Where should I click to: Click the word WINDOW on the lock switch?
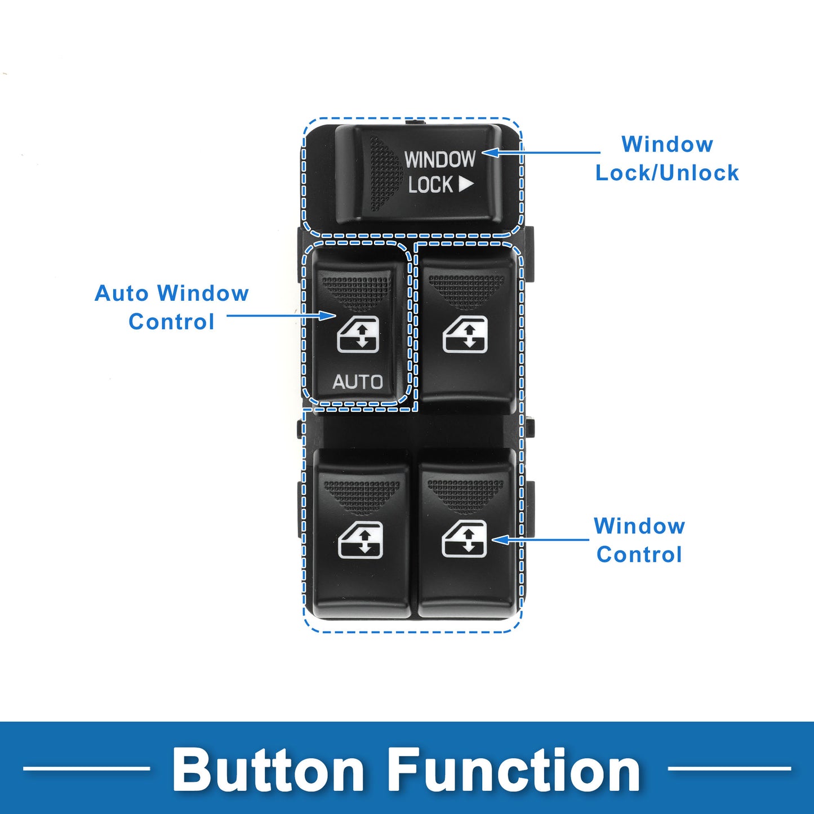click(x=440, y=159)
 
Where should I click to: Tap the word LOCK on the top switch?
click(x=430, y=185)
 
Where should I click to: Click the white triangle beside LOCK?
click(x=466, y=184)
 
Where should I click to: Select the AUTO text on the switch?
click(x=357, y=382)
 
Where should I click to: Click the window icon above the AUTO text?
click(x=358, y=334)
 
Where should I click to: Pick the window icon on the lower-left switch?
click(x=361, y=540)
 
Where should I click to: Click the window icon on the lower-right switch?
click(x=464, y=539)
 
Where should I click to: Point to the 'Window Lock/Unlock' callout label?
click(x=667, y=158)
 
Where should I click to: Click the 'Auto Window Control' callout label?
click(x=171, y=307)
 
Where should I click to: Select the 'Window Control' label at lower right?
click(x=639, y=540)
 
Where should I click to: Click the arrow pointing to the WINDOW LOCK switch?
click(x=541, y=152)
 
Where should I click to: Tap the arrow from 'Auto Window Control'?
click(x=281, y=315)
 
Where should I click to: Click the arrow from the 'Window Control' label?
click(x=540, y=540)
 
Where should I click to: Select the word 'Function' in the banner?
click(x=514, y=769)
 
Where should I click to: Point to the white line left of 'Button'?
click(x=86, y=768)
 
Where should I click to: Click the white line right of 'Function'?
click(x=729, y=768)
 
